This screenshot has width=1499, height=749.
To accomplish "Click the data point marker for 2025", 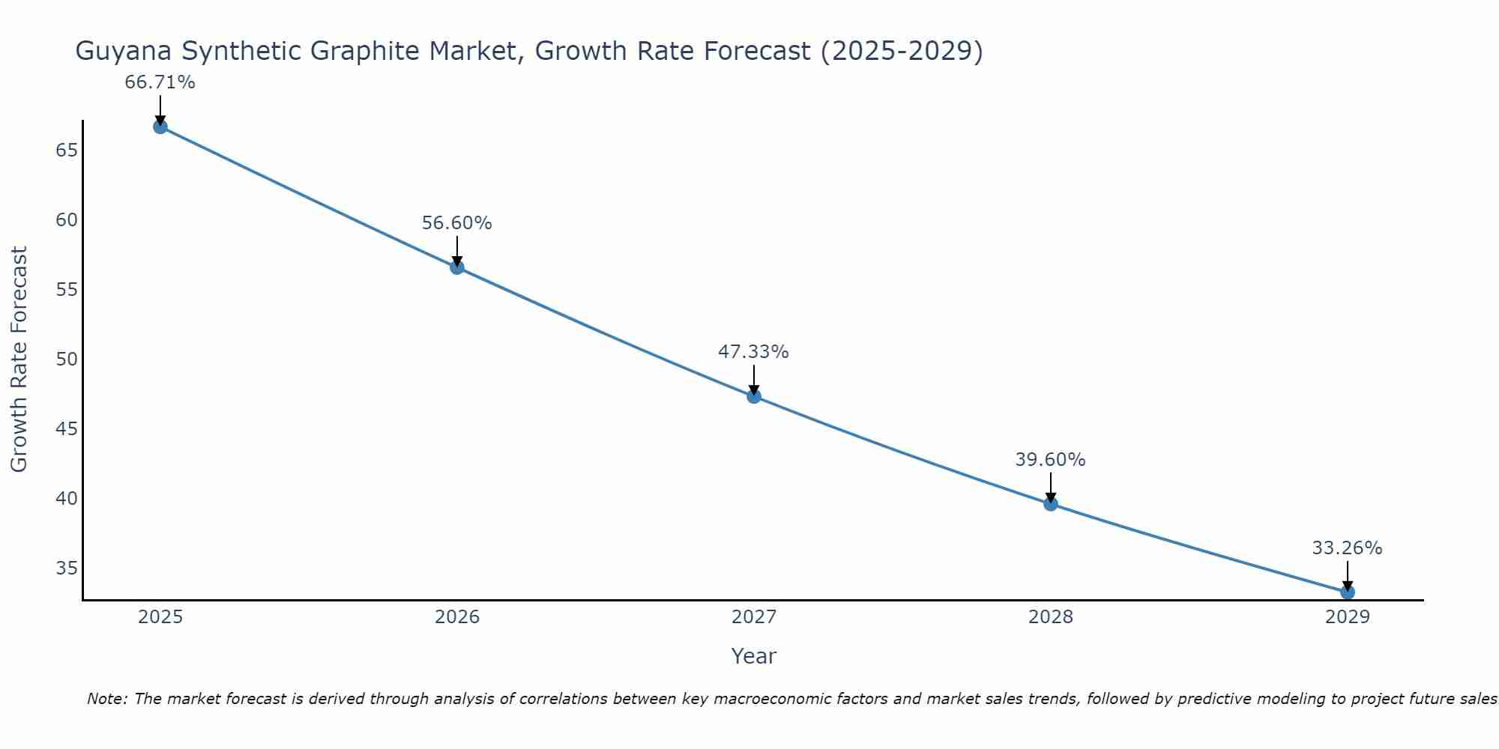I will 160,127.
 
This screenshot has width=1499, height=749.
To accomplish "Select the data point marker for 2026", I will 457,267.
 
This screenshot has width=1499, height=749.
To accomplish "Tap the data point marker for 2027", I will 754,396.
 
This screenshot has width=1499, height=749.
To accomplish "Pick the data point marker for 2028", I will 1051,504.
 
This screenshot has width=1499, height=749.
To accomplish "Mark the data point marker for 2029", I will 1348,592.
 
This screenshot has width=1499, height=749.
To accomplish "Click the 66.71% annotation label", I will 160,82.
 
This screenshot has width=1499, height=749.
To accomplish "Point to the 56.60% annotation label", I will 456,223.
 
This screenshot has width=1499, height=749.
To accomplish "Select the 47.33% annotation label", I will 753,352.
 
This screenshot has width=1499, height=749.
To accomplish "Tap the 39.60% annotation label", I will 1050,460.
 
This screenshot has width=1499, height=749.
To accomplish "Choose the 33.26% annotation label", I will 1347,548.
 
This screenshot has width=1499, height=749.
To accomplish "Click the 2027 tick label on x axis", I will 754,617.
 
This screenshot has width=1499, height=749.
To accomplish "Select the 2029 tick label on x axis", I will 1348,617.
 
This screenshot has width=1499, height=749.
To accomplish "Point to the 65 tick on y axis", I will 67,151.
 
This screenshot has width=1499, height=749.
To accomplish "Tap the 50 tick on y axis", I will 67,360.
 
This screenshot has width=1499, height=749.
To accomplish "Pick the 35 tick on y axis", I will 67,568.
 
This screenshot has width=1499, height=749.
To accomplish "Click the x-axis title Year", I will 753,656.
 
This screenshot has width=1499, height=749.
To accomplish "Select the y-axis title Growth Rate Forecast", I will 19,360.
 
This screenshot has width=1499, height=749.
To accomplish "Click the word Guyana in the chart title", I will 124,52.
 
